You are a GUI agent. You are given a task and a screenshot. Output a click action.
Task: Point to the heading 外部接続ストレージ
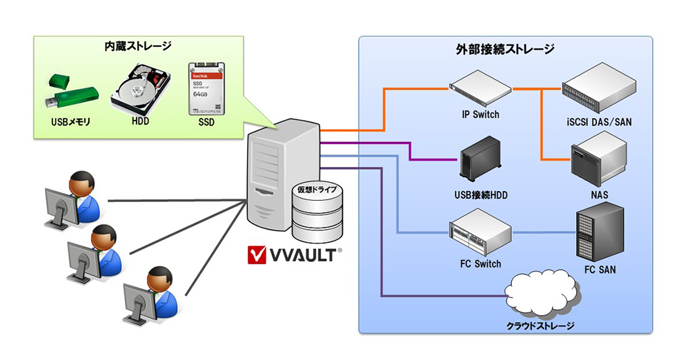(505, 50)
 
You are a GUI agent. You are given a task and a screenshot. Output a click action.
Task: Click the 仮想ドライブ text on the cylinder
(317, 188)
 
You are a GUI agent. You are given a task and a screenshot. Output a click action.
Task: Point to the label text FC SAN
(599, 270)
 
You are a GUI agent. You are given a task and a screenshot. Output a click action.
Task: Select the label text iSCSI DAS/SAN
(598, 122)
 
